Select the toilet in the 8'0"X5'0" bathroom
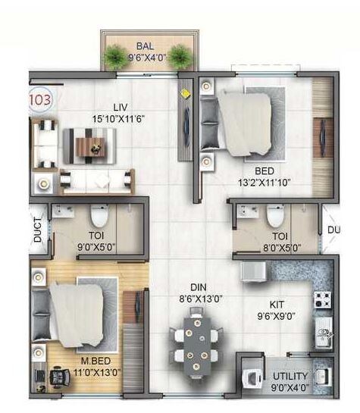pyautogui.click(x=273, y=215)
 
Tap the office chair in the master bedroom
pyautogui.click(x=55, y=375)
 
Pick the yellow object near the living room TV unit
pyautogui.click(x=185, y=95)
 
